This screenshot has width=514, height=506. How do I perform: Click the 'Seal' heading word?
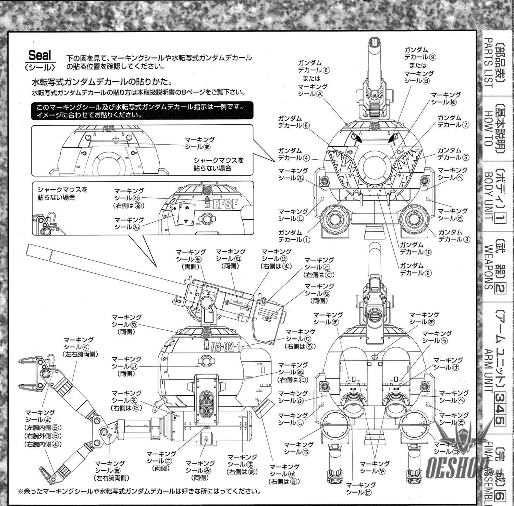[40, 55]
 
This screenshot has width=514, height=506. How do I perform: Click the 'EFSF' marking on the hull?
[225, 204]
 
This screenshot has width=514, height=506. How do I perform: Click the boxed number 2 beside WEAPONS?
[499, 289]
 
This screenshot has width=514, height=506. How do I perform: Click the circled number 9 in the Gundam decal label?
[433, 57]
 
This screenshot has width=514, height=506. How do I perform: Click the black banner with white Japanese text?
[142, 111]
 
